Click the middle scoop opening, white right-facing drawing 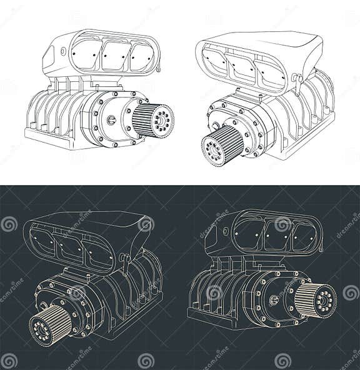click(115, 56)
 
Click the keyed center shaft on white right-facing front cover click(111, 120)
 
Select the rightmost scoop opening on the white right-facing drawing click(142, 57)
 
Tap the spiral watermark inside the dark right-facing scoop click(283, 225)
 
